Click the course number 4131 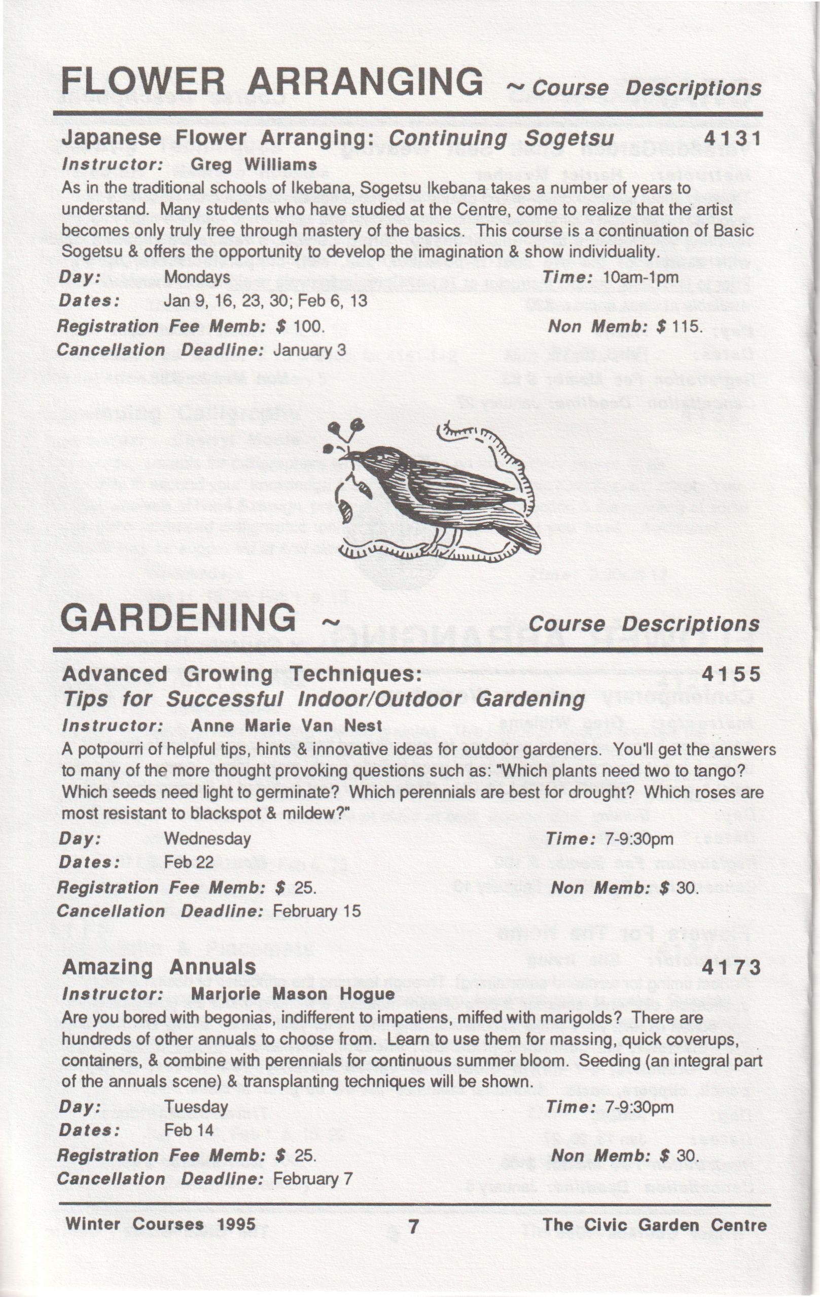[x=733, y=139]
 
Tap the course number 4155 [x=732, y=674]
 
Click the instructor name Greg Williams [x=254, y=164]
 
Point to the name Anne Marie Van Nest [x=286, y=726]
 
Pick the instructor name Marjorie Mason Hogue [x=293, y=994]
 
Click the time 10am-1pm [x=640, y=278]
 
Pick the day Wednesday [x=207, y=839]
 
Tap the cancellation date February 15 [x=316, y=911]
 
